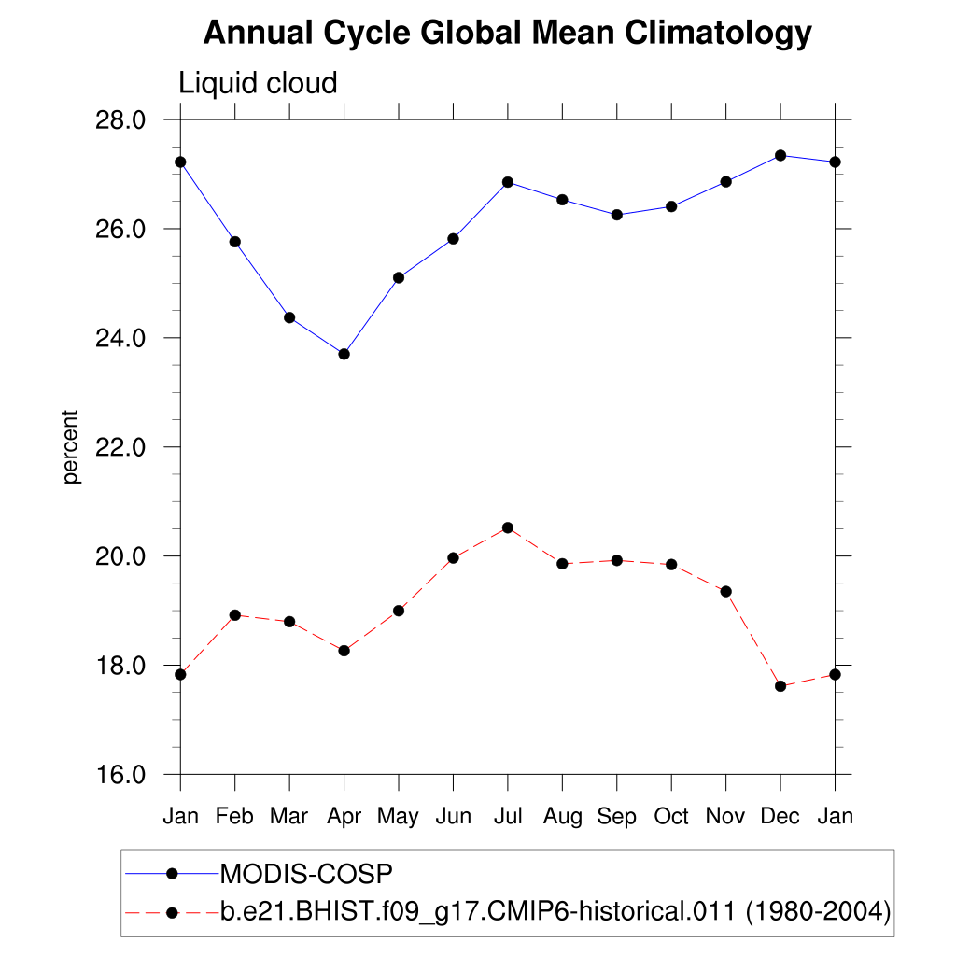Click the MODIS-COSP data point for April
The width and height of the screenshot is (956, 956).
(x=344, y=354)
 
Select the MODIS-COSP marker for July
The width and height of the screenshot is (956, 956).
(x=508, y=182)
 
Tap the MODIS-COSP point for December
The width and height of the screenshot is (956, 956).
(x=780, y=155)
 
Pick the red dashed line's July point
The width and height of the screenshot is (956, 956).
(x=508, y=528)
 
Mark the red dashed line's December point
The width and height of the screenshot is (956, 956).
(x=780, y=686)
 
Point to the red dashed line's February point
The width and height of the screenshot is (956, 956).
(x=234, y=615)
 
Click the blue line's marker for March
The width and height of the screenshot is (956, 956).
(x=289, y=317)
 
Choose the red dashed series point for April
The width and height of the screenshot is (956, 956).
(x=344, y=651)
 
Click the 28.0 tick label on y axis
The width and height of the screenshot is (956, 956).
(x=120, y=120)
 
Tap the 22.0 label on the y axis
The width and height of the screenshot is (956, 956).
(x=120, y=447)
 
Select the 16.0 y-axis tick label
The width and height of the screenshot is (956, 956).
(x=120, y=775)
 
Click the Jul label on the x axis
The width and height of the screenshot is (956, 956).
(x=508, y=817)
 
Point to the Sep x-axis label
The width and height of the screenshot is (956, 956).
(x=617, y=817)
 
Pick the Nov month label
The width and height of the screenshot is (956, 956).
(x=725, y=817)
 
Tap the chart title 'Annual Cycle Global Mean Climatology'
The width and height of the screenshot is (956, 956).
(x=508, y=34)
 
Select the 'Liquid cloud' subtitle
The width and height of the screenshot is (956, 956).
(x=258, y=84)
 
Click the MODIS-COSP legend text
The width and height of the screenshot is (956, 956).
(x=306, y=874)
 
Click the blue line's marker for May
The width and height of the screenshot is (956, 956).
(x=399, y=277)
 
